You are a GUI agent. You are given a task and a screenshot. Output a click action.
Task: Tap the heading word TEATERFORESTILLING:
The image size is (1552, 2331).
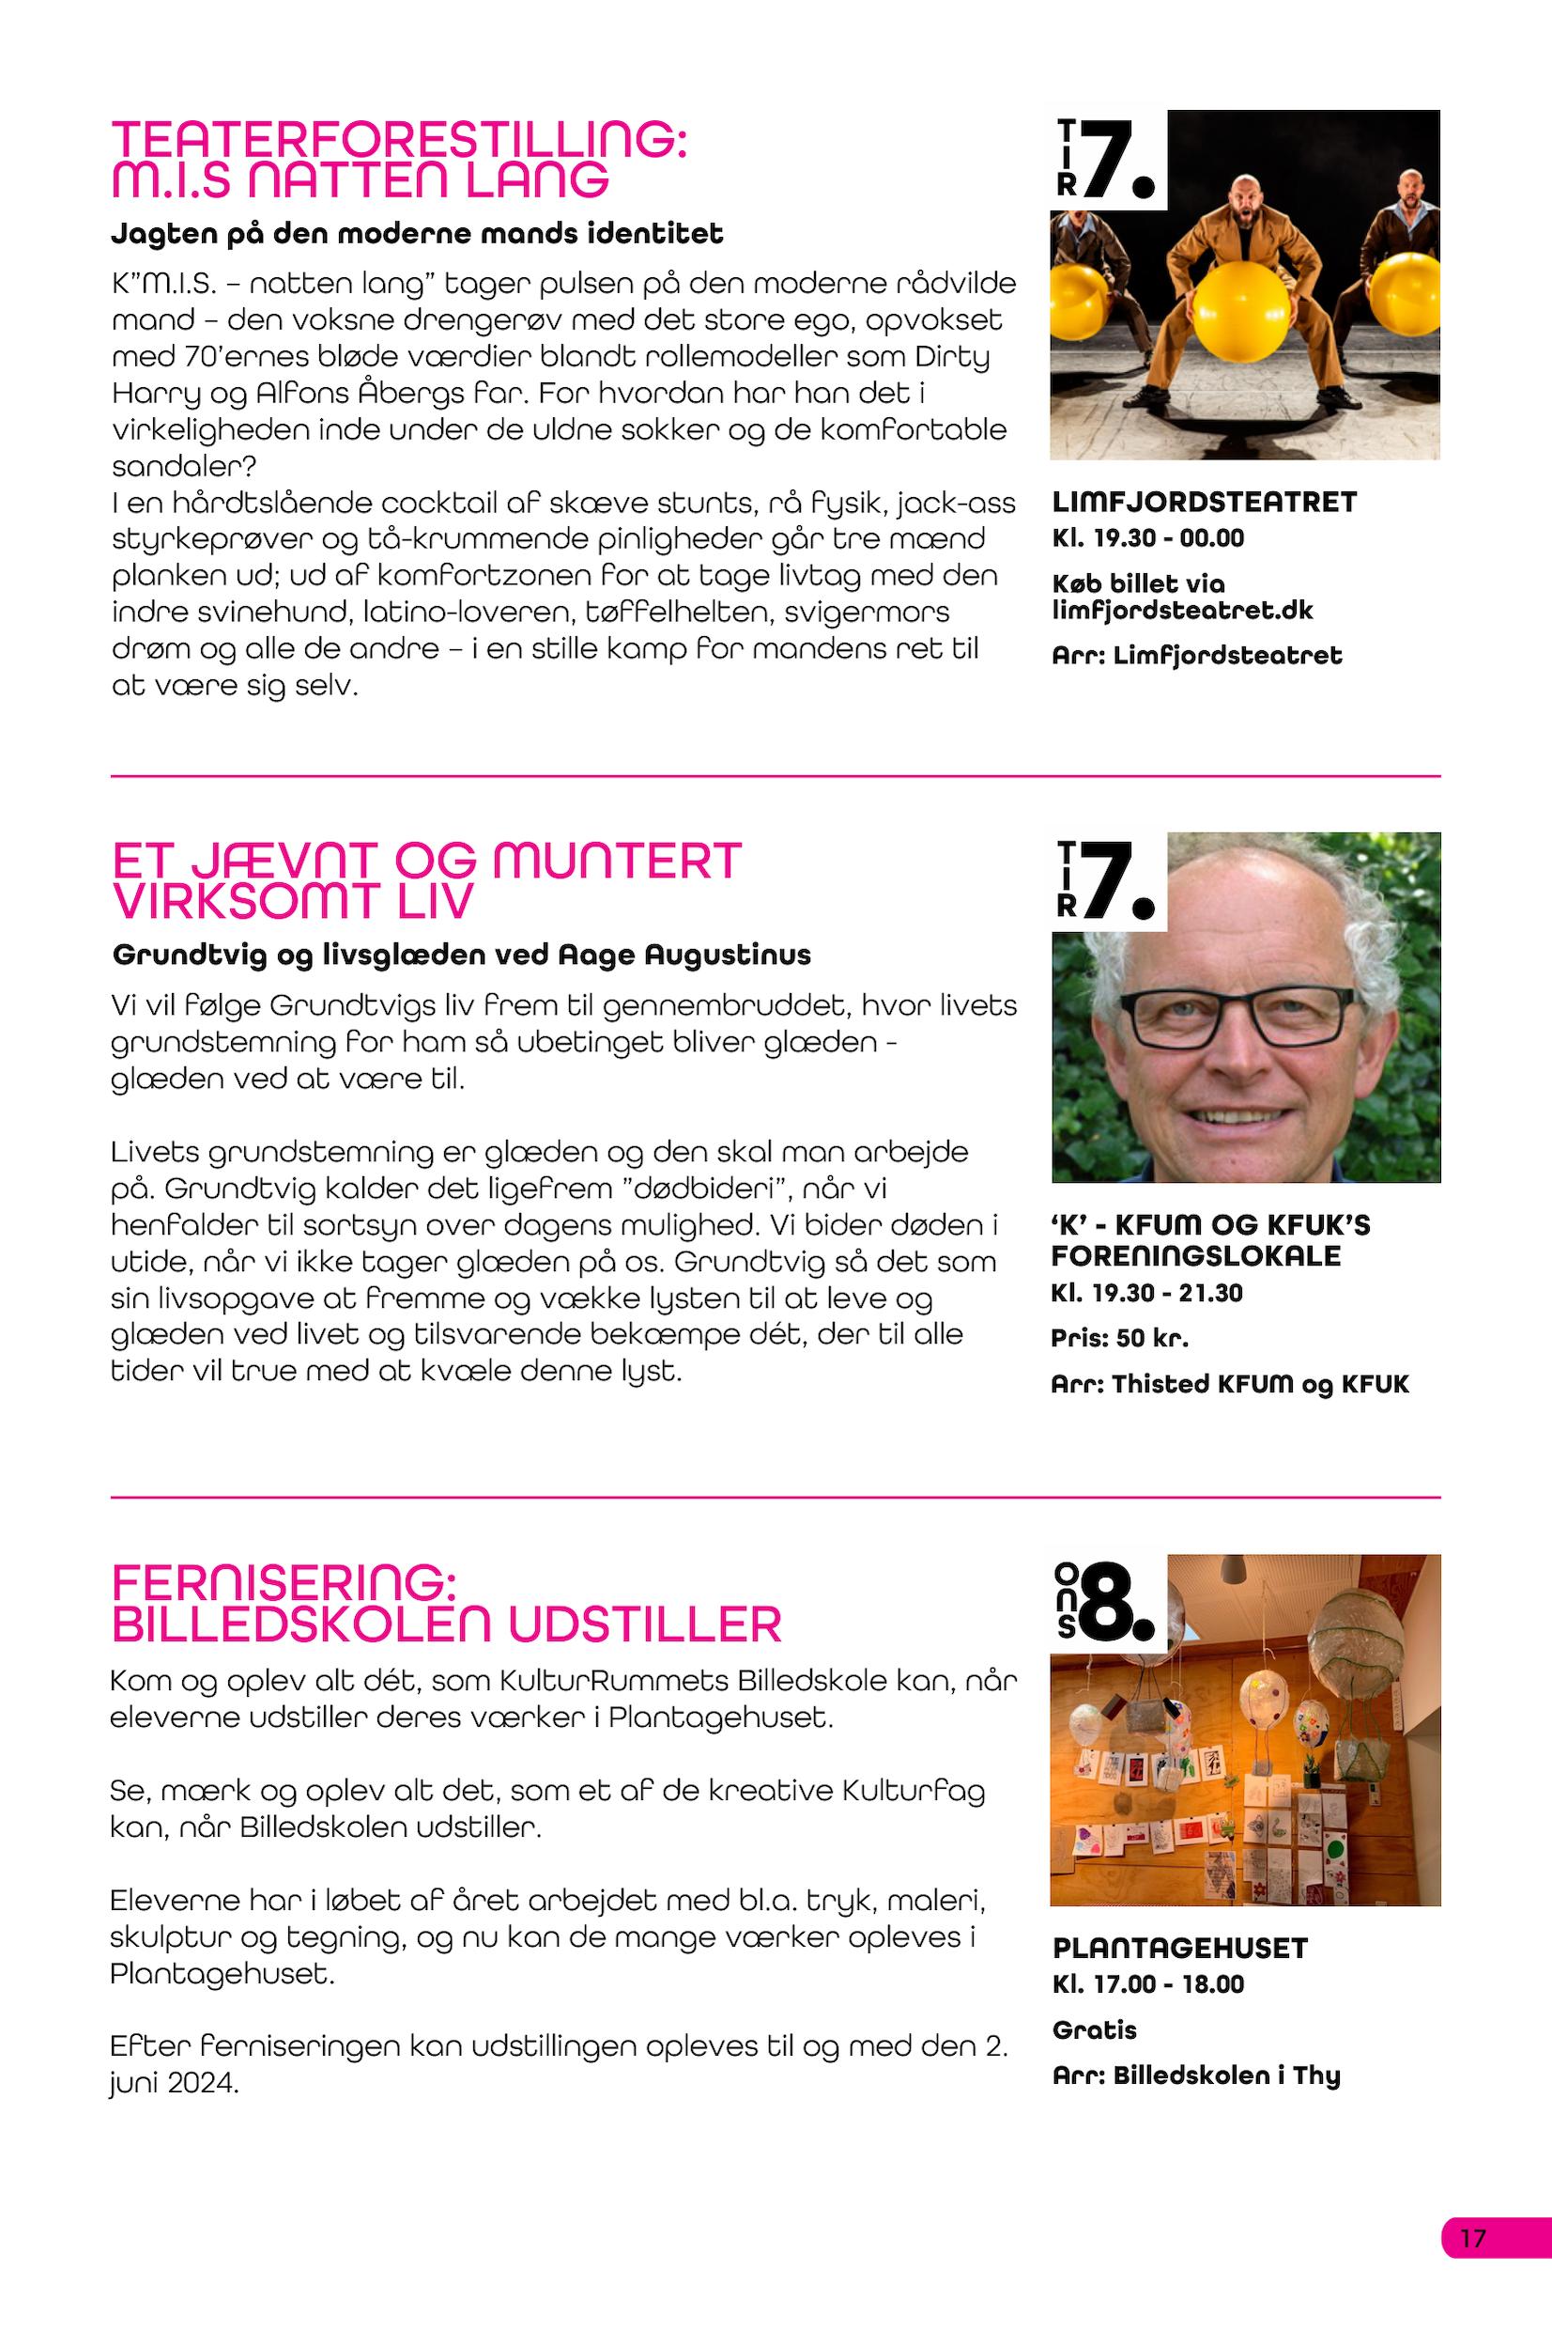(400, 139)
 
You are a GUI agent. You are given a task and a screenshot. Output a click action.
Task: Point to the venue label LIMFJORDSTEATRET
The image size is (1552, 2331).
(1205, 502)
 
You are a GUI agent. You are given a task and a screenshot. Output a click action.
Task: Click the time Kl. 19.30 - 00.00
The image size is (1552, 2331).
(1148, 538)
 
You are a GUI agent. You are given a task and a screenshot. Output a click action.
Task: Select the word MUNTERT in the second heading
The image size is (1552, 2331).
(616, 861)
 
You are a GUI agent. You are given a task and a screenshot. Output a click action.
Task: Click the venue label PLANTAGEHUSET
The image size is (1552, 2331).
(1180, 1949)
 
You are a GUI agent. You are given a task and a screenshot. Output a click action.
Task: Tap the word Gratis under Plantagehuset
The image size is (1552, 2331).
(1095, 2030)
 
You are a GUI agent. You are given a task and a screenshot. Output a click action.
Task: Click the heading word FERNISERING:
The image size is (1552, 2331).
(284, 1582)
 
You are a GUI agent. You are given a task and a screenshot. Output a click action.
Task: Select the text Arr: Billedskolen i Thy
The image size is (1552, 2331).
(1195, 2075)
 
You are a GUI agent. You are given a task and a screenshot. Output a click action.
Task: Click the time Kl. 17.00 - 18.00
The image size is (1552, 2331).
(1148, 1984)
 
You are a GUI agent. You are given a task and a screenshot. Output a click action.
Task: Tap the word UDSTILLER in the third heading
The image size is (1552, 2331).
(645, 1625)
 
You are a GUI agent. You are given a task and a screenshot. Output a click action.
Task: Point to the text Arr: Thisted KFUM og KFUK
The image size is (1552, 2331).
(1229, 1384)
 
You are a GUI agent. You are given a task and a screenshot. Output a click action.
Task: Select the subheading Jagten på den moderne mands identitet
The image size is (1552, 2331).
(417, 234)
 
